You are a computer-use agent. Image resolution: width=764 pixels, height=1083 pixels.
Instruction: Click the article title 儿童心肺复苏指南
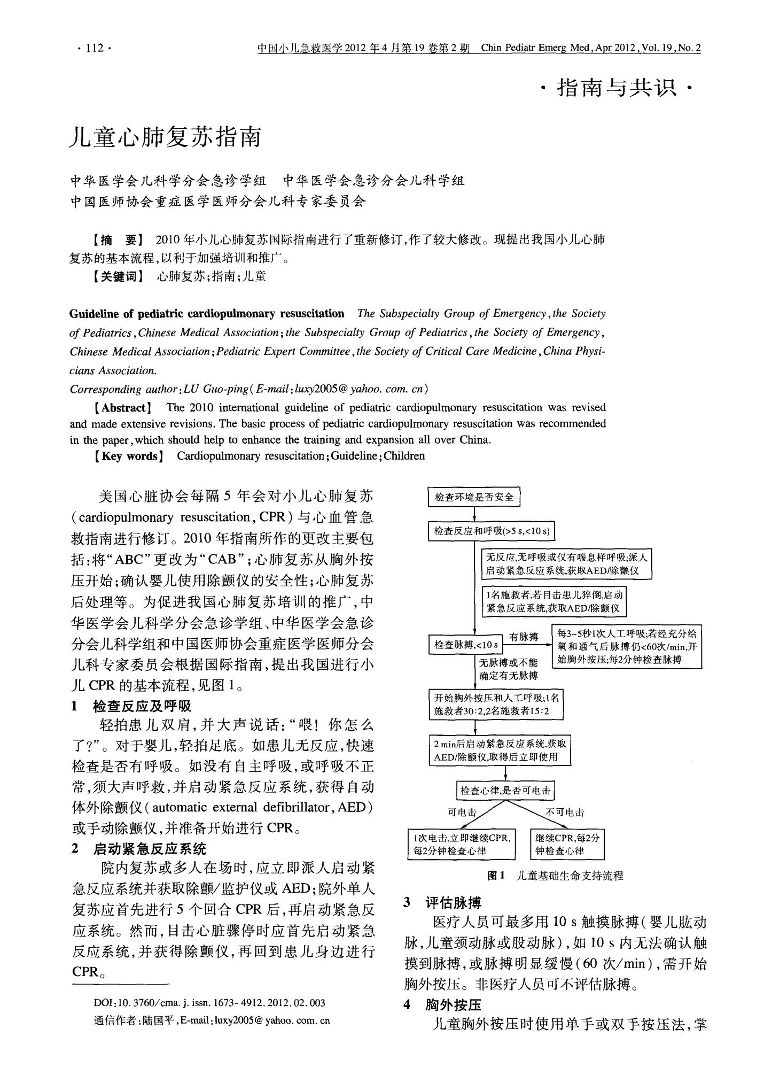click(166, 137)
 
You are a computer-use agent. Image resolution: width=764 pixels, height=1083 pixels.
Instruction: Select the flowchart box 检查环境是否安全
click(474, 497)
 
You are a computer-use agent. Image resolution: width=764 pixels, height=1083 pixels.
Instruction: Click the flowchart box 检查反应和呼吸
click(492, 531)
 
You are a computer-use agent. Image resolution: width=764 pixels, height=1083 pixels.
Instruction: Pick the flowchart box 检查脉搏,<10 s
click(466, 645)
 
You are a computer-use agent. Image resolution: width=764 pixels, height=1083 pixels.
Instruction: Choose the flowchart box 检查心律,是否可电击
click(505, 791)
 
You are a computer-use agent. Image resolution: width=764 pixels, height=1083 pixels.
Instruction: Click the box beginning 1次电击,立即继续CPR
click(461, 844)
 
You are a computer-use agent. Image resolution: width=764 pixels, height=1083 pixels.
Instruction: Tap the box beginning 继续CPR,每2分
click(567, 844)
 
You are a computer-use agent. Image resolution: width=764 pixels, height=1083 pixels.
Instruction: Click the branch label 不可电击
click(565, 813)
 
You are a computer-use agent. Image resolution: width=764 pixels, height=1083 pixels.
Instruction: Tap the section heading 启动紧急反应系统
click(149, 849)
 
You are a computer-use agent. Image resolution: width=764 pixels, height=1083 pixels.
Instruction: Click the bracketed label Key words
click(128, 456)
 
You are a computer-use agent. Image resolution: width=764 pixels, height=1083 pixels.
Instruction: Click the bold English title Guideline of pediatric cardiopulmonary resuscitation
click(207, 313)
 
